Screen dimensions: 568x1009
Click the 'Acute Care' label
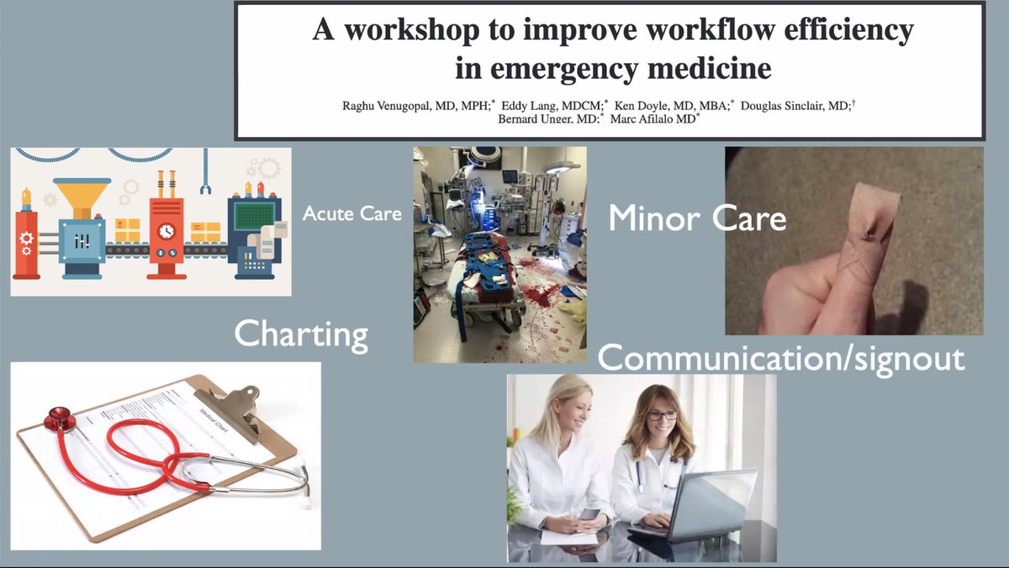(x=351, y=214)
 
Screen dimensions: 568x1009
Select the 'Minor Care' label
(x=697, y=218)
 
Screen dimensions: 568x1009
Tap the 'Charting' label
(x=301, y=334)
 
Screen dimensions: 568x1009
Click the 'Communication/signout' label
(x=780, y=358)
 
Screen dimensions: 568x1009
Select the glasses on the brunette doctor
(x=661, y=415)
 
